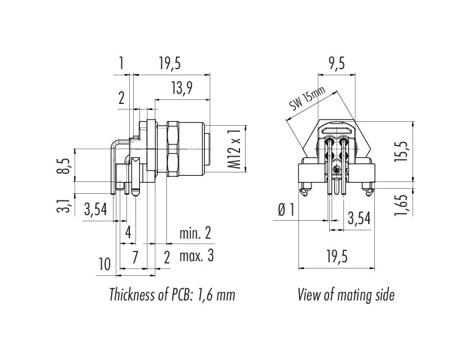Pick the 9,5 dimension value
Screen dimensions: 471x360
[336, 63]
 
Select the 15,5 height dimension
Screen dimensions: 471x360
[400, 151]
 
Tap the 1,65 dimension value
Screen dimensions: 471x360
[401, 205]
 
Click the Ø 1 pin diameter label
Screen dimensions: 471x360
[286, 209]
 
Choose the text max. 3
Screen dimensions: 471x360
[197, 256]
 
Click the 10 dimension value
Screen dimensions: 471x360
[105, 264]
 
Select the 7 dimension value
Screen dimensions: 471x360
[135, 257]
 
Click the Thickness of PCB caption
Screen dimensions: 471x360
[172, 294]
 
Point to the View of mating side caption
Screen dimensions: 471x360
[346, 294]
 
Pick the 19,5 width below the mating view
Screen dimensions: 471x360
[337, 257]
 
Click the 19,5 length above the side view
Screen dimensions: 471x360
[170, 63]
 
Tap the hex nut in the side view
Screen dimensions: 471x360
[173, 149]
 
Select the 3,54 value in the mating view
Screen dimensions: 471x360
[359, 218]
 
